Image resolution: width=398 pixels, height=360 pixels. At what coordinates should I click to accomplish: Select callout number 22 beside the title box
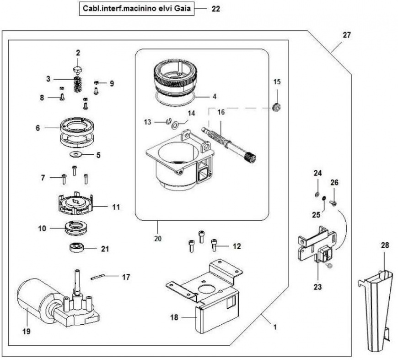[x=216, y=8]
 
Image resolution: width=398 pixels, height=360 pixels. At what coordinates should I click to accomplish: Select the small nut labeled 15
[x=277, y=108]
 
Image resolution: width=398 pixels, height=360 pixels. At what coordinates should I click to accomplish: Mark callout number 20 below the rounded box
[x=157, y=238]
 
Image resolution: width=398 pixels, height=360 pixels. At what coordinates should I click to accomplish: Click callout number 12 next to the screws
[x=236, y=246]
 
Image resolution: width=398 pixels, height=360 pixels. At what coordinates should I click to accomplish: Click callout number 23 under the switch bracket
[x=317, y=287]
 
